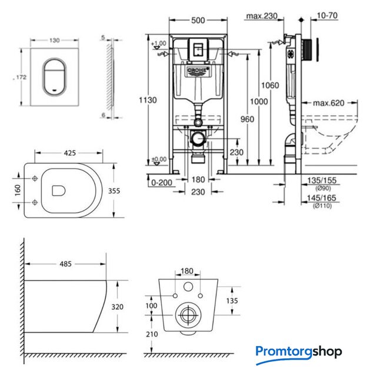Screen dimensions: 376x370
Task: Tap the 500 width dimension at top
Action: click(197, 19)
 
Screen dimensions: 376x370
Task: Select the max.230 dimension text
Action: click(261, 16)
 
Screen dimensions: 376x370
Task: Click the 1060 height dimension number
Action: click(270, 86)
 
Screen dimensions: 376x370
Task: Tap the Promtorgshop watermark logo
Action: click(299, 352)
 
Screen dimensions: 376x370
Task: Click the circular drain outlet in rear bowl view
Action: click(188, 314)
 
